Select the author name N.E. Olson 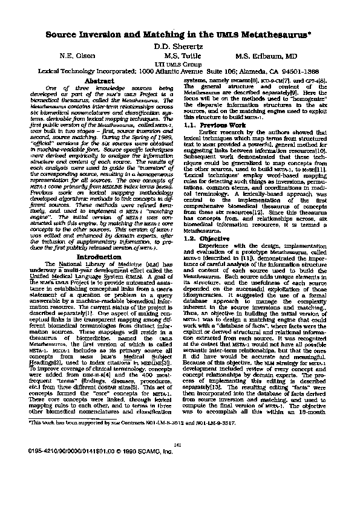coord(76,55)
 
